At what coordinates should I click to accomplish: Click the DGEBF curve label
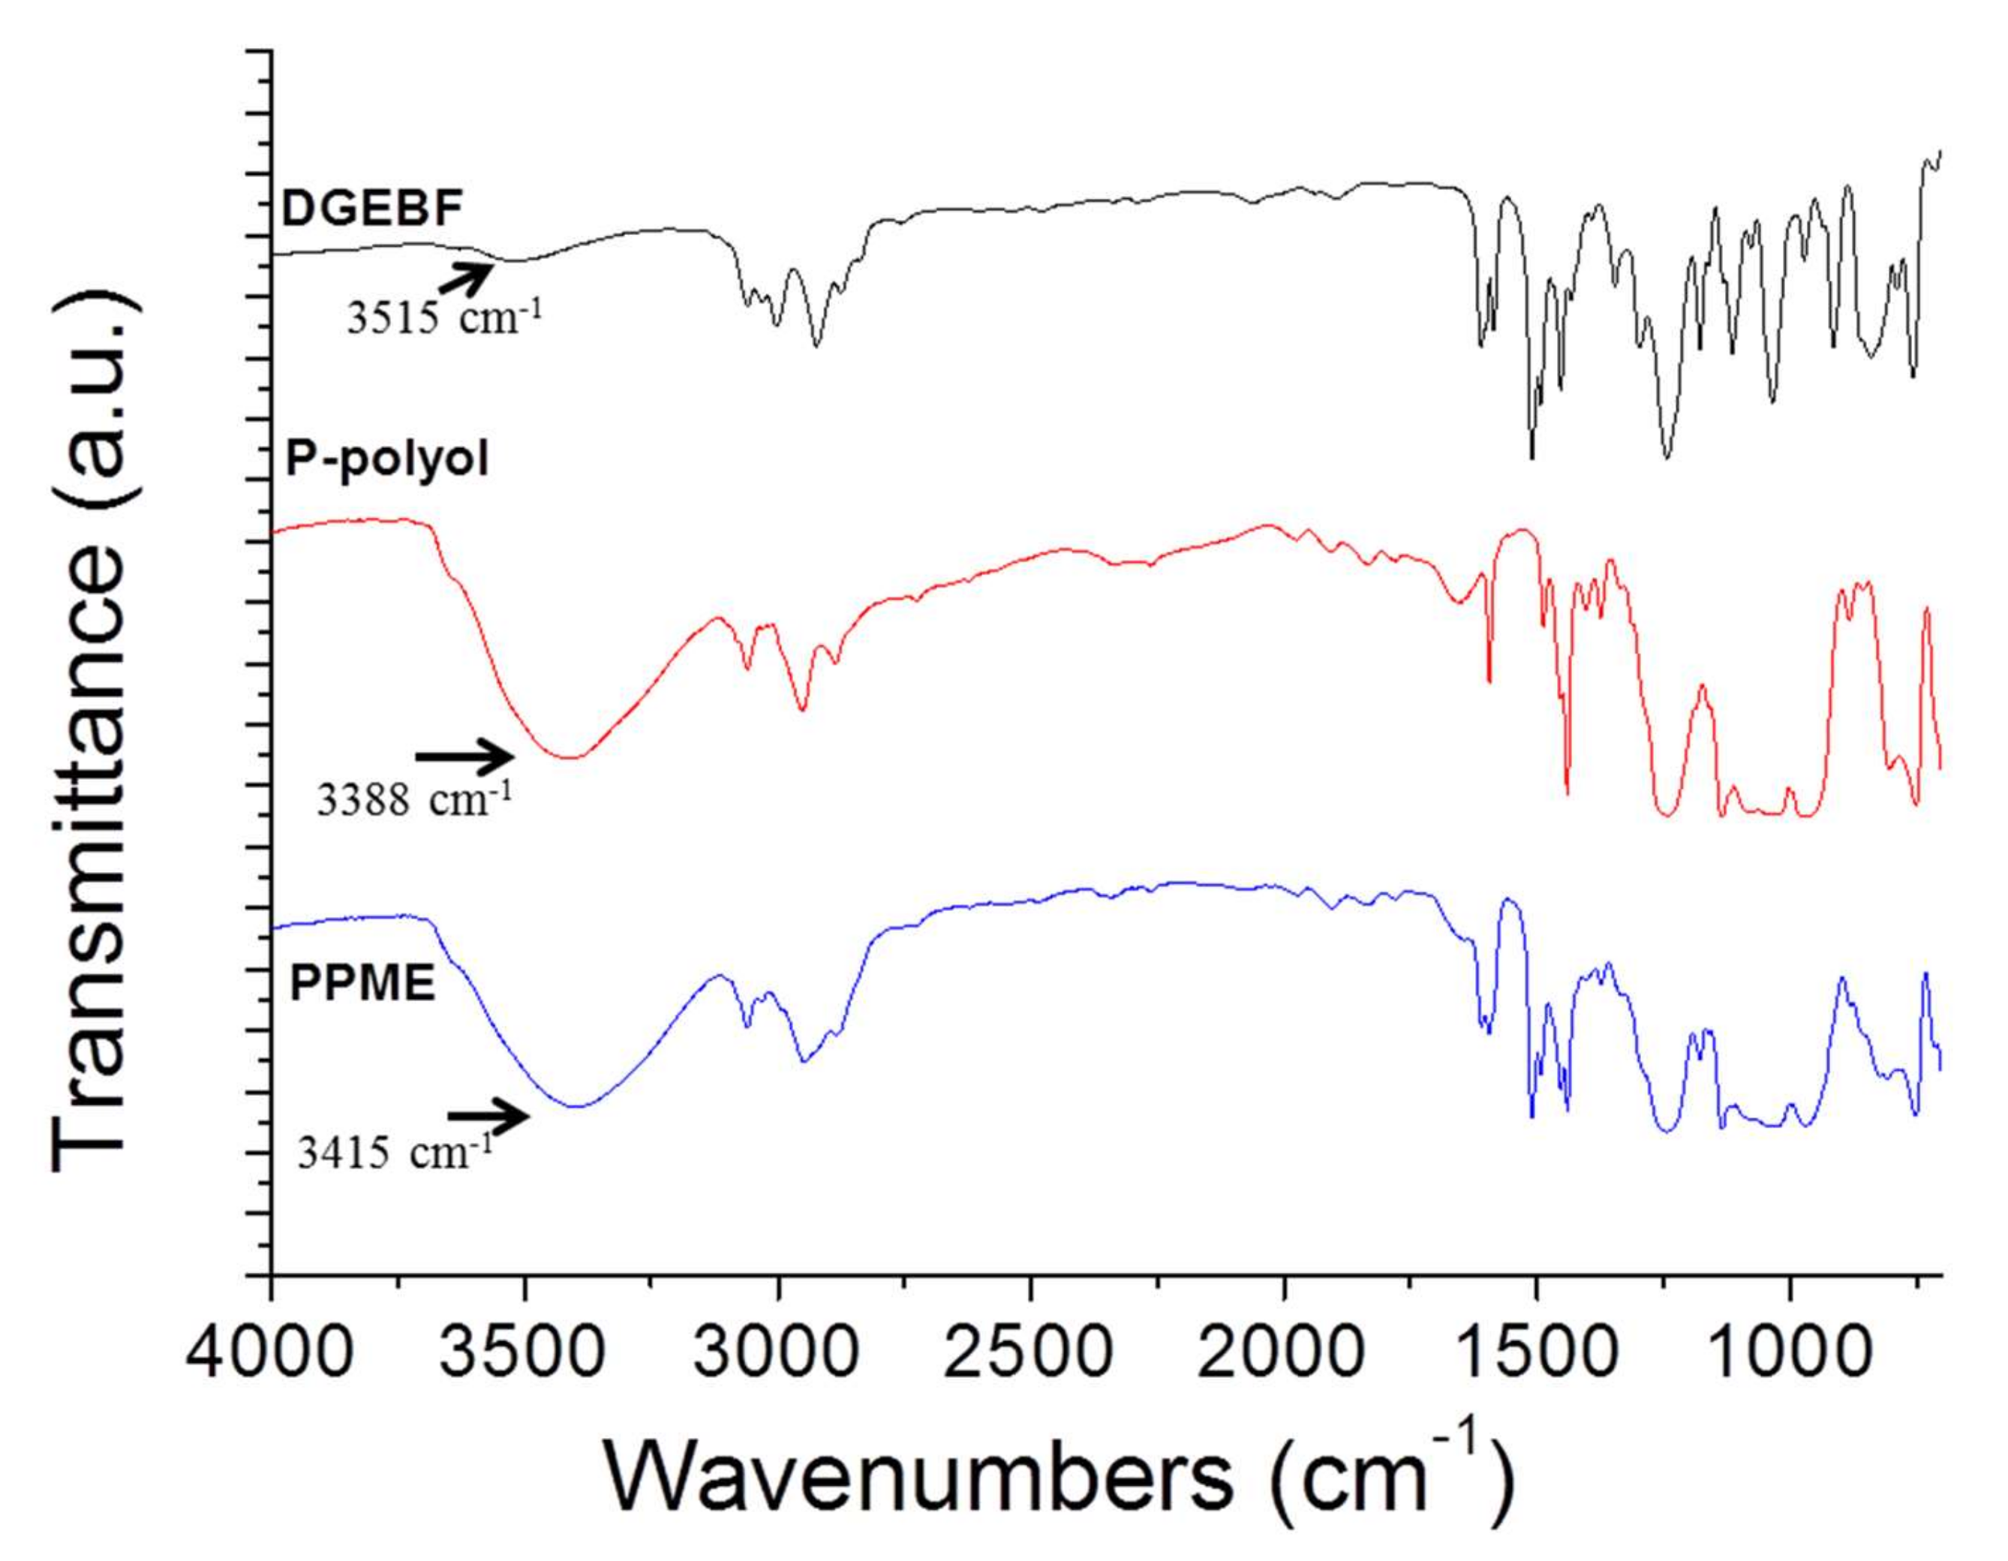pos(371,209)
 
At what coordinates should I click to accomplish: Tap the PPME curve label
pos(362,985)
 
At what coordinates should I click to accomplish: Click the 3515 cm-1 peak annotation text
pos(445,317)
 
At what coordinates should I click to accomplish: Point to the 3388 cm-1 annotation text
pos(413,800)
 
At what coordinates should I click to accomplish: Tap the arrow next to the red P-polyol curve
pos(465,756)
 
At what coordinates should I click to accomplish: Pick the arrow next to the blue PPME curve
pos(489,1116)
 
